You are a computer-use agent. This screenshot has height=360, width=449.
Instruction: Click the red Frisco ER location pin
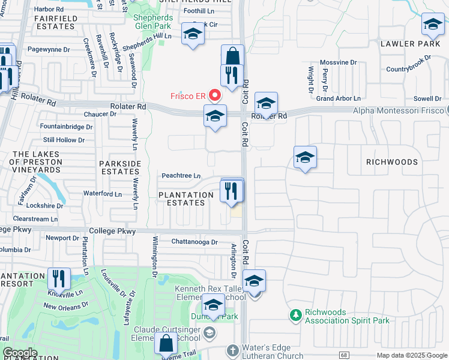coord(214,95)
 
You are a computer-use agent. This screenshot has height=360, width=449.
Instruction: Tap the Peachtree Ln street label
coord(181,176)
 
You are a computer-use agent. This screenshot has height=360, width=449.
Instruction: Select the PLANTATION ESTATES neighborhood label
coord(186,199)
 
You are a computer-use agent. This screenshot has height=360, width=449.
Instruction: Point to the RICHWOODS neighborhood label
coord(392,162)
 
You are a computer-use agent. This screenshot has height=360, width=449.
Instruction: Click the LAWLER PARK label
coord(406,44)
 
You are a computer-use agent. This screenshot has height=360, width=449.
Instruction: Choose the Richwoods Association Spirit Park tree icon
coord(295,316)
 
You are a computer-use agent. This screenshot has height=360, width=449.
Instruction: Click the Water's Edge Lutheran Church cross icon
coord(234,349)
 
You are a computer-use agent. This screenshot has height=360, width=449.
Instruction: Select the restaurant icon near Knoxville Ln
coord(59,278)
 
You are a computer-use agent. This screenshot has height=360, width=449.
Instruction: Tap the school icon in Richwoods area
coord(305,158)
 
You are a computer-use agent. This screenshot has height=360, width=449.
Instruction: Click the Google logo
coord(20,353)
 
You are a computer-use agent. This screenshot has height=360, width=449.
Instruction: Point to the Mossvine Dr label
coord(338,62)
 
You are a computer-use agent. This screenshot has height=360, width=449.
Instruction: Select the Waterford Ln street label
coord(102,194)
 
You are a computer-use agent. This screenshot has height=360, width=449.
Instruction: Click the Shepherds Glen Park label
coord(153,22)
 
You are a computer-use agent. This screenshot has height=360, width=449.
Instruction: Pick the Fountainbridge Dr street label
coord(66,127)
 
